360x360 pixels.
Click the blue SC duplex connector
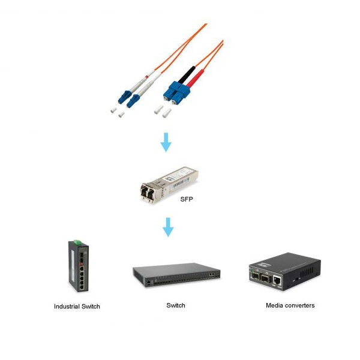[x=175, y=91]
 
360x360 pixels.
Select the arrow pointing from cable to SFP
[x=166, y=142]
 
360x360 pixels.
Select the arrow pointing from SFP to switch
[x=169, y=227]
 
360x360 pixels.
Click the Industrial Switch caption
[x=77, y=307]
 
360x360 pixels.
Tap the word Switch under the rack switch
[x=176, y=305]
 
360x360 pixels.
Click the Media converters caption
[x=290, y=305]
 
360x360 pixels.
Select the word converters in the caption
[x=300, y=305]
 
